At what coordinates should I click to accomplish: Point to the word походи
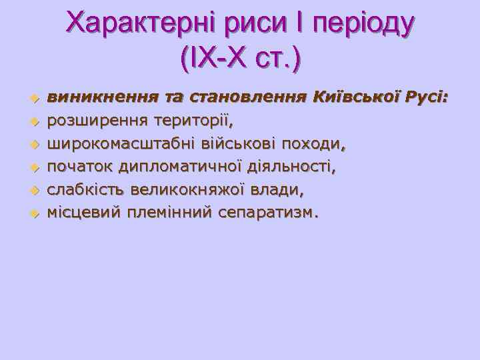coord(314,144)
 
